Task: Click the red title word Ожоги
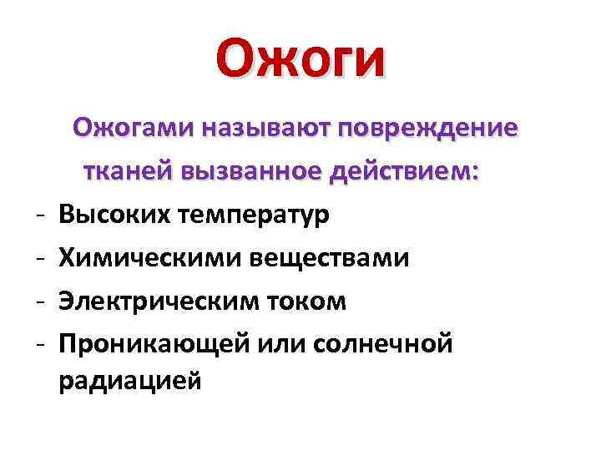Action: coord(300,61)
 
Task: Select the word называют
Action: coord(264,129)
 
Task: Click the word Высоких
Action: coord(114,215)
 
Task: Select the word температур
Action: coord(254,215)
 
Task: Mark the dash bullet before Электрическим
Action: coord(41,302)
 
